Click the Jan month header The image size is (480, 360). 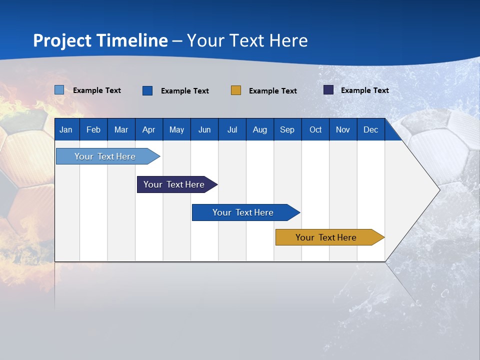tap(66, 129)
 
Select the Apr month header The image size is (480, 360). tap(149, 129)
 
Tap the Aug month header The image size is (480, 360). tap(260, 129)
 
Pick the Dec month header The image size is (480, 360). tap(370, 129)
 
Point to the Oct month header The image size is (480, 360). tap(315, 129)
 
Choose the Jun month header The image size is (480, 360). tap(204, 129)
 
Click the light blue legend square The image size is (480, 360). tap(59, 90)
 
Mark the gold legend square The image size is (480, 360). tap(236, 90)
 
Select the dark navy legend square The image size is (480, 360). tap(328, 90)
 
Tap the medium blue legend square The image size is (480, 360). tap(147, 90)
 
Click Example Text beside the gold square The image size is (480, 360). tap(273, 91)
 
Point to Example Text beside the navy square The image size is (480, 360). tap(365, 90)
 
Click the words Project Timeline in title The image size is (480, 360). tap(100, 40)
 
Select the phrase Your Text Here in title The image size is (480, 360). tap(247, 40)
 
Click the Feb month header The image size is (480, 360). tap(93, 129)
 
